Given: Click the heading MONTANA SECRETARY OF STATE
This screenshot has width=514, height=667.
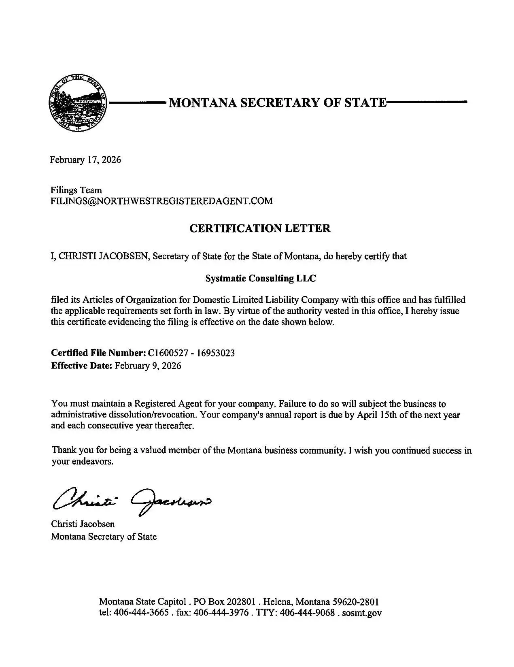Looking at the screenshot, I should click(278, 102).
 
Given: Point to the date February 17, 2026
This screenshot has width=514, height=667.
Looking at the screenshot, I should click(85, 160).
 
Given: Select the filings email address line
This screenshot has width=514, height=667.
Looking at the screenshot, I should click(161, 201).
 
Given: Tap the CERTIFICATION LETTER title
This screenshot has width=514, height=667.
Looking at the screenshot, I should click(260, 228).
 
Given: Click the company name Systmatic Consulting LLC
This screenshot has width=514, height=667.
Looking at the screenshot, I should click(260, 279).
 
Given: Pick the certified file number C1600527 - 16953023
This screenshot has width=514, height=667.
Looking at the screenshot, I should click(191, 353).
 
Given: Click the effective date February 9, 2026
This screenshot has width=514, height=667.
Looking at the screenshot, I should click(148, 366).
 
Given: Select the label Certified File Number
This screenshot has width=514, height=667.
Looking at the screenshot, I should click(98, 353).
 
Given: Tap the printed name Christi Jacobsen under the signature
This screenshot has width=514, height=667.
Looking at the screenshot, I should click(83, 524).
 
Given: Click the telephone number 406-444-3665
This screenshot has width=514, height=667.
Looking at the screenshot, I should click(141, 613).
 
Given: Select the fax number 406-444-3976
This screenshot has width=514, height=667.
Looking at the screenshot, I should click(221, 613).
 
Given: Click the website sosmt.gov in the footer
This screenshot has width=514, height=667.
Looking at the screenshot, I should click(362, 613).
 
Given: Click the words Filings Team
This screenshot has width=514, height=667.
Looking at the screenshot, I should click(76, 190).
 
